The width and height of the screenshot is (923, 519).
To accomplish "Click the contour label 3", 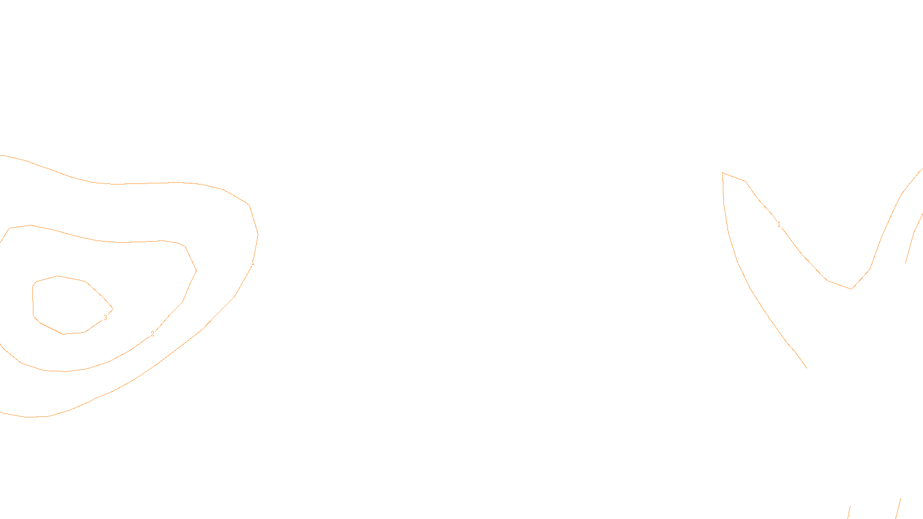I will pyautogui.click(x=105, y=318).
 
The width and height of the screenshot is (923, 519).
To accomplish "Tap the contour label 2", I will pyautogui.click(x=152, y=334).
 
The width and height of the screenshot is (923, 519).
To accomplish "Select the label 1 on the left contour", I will pyautogui.click(x=253, y=262).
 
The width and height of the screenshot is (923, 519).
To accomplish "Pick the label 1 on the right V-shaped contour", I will pyautogui.click(x=779, y=224).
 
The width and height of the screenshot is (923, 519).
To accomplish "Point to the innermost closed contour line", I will pyautogui.click(x=58, y=276).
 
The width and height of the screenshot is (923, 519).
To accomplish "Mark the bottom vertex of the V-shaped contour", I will pyautogui.click(x=852, y=289).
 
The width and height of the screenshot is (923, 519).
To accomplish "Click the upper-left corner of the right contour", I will pyautogui.click(x=723, y=172).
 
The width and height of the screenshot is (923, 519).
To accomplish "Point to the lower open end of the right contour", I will pyautogui.click(x=806, y=367).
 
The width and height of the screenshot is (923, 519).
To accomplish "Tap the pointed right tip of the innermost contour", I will pyautogui.click(x=113, y=309).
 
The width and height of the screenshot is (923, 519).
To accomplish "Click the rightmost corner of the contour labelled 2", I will pyautogui.click(x=196, y=270).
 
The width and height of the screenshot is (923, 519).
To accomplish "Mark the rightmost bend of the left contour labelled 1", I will pyautogui.click(x=258, y=235).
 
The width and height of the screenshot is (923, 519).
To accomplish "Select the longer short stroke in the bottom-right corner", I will pyautogui.click(x=898, y=509).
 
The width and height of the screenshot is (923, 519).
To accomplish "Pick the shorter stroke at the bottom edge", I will pyautogui.click(x=849, y=513).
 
